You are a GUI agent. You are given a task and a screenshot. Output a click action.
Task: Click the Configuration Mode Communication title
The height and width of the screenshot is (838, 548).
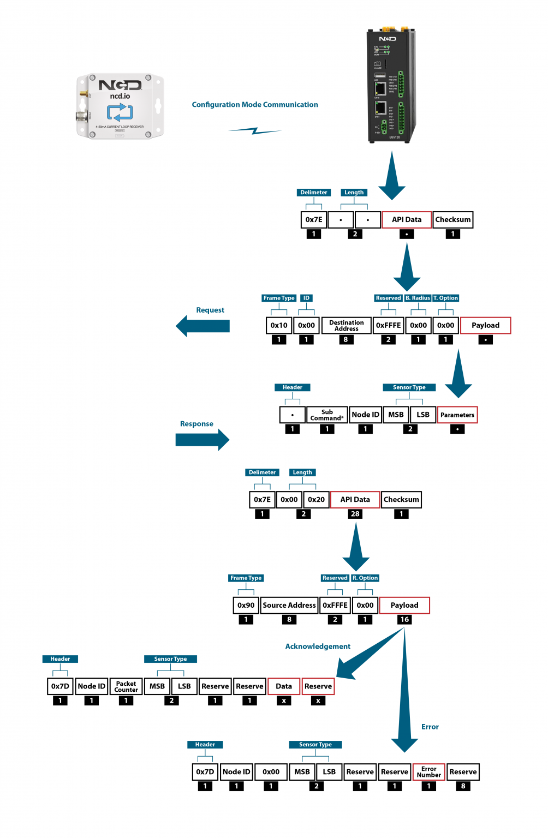[254, 105]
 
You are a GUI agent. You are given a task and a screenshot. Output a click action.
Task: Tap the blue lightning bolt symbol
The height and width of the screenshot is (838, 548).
[255, 131]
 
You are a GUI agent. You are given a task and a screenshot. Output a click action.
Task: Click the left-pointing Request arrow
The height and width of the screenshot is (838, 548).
[202, 326]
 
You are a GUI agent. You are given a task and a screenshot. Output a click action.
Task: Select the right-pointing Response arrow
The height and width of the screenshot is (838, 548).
[202, 440]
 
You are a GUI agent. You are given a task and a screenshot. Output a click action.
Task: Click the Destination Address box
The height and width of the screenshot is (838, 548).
[346, 326]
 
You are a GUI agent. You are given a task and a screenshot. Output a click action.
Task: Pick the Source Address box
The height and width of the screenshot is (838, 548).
[289, 605]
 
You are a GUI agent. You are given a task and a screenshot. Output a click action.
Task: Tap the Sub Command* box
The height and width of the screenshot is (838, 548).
[327, 415]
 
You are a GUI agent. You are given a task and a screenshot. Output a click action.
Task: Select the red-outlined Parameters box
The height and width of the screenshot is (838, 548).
[457, 415]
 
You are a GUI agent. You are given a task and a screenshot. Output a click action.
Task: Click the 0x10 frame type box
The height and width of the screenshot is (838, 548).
[279, 326]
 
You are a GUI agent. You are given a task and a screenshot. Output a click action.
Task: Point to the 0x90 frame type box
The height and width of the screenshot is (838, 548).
[246, 605]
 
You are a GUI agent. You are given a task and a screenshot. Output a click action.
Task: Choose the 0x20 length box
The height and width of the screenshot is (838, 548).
[316, 500]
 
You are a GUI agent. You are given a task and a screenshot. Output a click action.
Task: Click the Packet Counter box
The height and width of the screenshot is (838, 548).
[126, 686]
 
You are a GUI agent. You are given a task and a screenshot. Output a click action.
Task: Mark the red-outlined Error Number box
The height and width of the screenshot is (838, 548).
[428, 772]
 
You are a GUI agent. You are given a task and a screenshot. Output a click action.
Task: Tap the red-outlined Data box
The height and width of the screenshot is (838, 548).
[283, 686]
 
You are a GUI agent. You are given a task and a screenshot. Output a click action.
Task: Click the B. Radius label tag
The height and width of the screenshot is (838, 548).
[418, 298]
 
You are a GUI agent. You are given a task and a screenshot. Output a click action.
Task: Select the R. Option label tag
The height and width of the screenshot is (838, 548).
[365, 578]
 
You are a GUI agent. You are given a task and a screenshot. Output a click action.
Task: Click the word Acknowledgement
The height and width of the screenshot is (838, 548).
[318, 647]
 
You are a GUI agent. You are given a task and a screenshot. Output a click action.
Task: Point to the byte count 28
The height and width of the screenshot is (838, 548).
[355, 514]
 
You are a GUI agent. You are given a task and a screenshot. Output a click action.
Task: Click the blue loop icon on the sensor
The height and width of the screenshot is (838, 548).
[120, 112]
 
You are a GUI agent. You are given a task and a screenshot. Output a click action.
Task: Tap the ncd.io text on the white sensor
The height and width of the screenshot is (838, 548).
[120, 97]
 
